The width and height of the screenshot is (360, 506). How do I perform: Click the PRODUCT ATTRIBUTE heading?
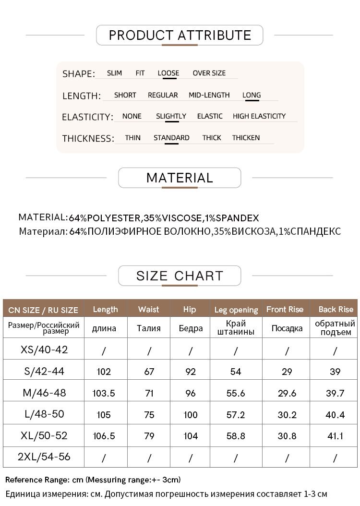[x=180, y=35]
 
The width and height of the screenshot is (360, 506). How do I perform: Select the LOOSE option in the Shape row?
[x=168, y=73]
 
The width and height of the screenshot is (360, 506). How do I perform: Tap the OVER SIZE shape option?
[x=209, y=73]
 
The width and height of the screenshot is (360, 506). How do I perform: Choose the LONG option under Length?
[x=252, y=95]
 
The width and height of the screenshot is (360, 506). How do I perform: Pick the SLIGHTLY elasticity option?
[x=171, y=116]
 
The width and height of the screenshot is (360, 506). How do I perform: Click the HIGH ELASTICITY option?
[x=259, y=116]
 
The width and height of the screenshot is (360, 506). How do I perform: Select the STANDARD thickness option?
[x=171, y=138]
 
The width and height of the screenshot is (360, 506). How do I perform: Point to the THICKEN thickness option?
[x=246, y=138]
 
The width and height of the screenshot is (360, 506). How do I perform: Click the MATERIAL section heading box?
[x=180, y=178]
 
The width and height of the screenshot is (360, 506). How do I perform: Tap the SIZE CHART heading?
[x=180, y=276]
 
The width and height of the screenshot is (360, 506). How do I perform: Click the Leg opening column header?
[x=236, y=310]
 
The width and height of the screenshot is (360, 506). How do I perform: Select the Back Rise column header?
[x=336, y=309]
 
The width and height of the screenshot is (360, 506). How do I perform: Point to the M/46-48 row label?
[x=44, y=393]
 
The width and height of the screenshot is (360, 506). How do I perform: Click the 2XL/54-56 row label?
[x=44, y=457]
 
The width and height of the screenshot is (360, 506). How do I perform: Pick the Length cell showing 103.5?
[x=104, y=393]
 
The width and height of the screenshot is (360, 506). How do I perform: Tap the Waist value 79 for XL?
[x=149, y=436]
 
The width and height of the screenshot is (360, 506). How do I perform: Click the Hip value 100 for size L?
[x=190, y=414]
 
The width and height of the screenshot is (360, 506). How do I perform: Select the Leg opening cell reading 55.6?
[x=236, y=393]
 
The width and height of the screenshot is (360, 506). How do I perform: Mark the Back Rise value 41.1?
[x=335, y=436]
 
